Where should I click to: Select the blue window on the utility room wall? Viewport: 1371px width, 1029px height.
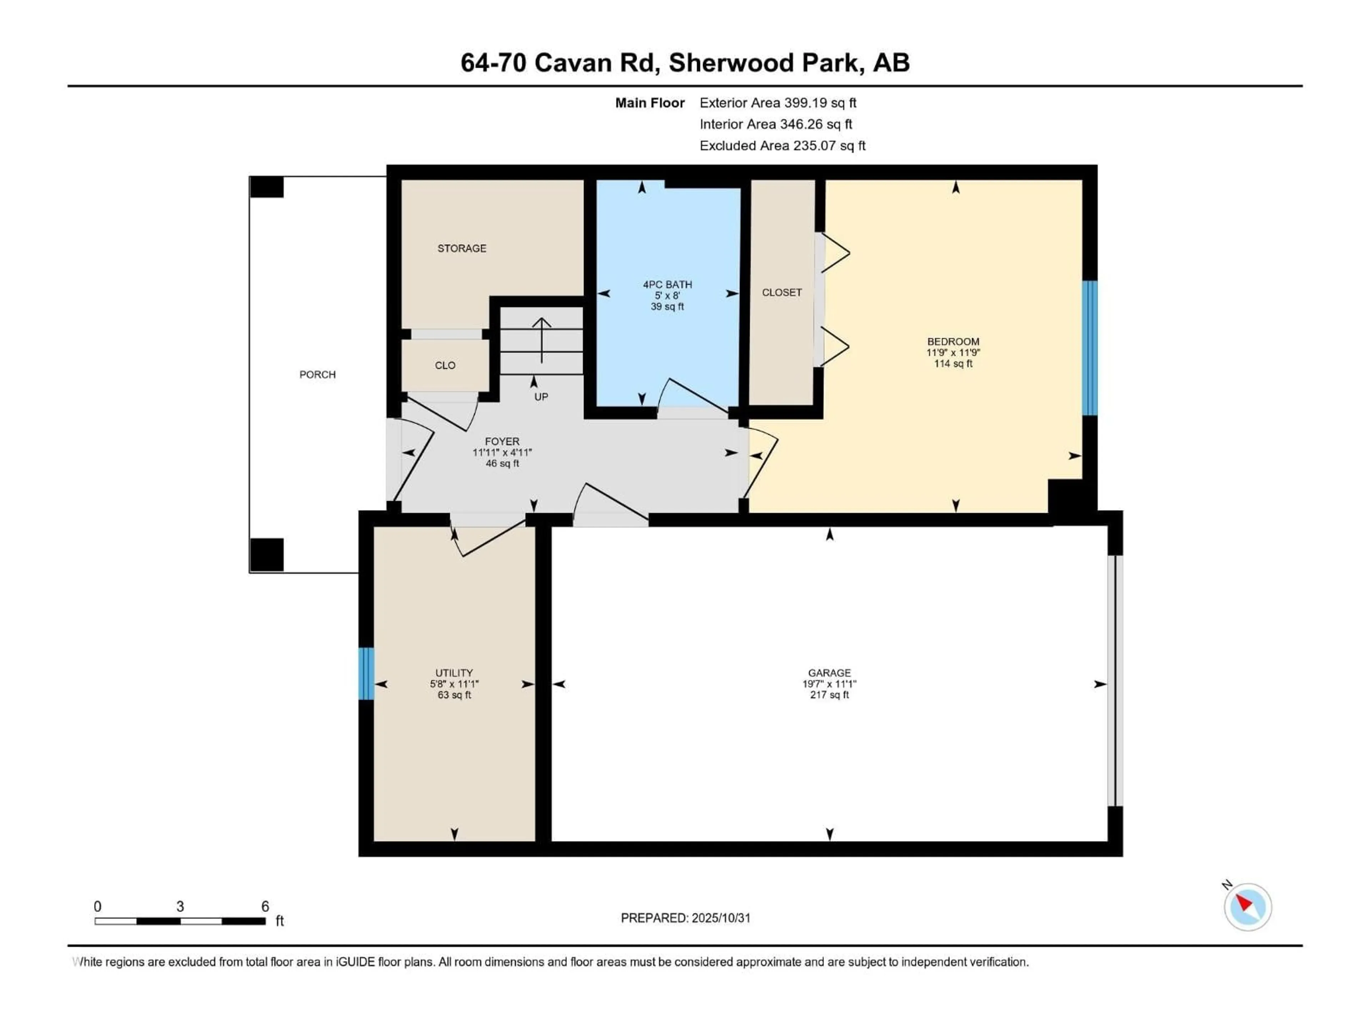point(366,673)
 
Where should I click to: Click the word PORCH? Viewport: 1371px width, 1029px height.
point(317,375)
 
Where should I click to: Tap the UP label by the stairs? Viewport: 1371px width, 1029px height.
point(541,397)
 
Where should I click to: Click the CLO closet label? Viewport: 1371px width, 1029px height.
point(445,365)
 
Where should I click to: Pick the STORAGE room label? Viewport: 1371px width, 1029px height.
point(462,248)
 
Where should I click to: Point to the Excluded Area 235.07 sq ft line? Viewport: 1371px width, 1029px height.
point(782,146)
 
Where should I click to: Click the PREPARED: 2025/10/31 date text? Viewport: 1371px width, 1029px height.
point(685,918)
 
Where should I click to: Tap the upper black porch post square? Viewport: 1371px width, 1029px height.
point(266,187)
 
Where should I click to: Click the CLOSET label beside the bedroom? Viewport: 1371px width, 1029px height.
point(782,292)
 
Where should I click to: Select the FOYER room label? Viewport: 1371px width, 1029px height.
point(502,442)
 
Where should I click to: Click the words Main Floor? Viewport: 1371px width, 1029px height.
point(649,103)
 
